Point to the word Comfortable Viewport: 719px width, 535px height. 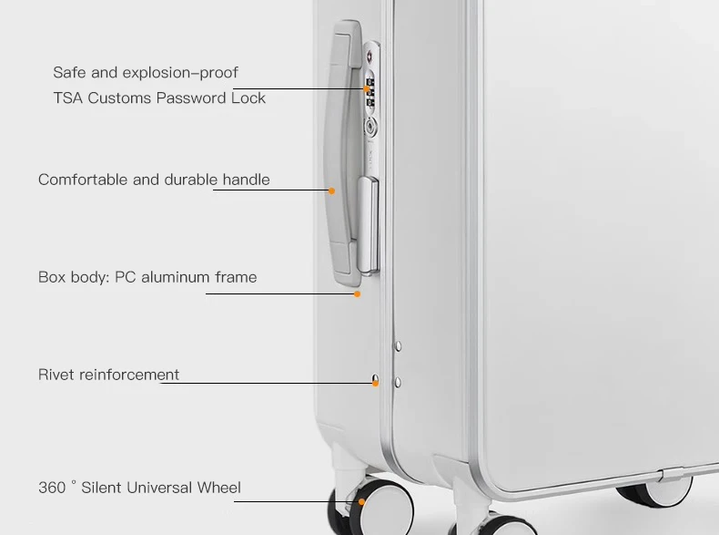84,180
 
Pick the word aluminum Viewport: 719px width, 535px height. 176,277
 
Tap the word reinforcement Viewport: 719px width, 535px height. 129,375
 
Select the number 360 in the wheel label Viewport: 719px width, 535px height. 52,488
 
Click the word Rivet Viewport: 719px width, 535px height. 56,375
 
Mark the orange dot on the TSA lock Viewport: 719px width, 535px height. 370,89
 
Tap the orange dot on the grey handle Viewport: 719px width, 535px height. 331,190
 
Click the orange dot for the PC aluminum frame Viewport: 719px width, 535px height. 358,293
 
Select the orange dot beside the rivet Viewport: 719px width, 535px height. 375,383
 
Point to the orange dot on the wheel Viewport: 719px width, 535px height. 361,501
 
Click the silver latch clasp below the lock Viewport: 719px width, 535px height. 368,223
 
